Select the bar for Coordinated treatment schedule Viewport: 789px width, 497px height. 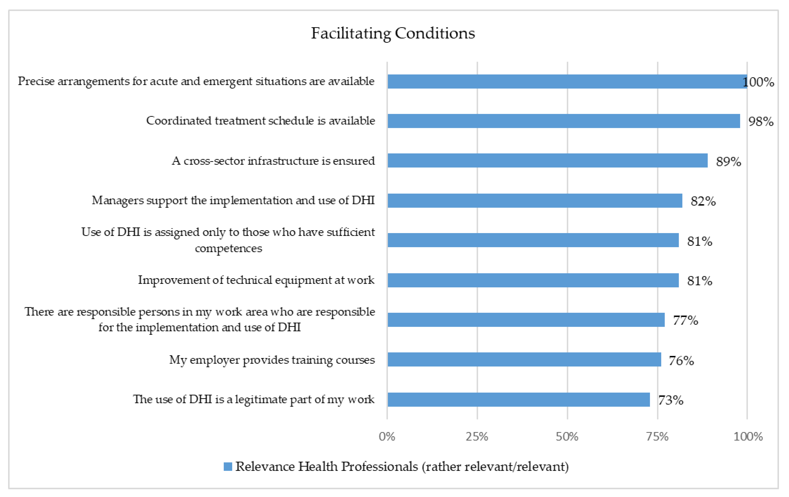coord(564,121)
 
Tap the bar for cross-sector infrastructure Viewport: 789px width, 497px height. coord(547,161)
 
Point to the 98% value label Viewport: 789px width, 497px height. coord(760,122)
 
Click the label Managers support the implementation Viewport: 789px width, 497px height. coord(233,200)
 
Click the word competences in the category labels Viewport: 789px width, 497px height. coord(228,248)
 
